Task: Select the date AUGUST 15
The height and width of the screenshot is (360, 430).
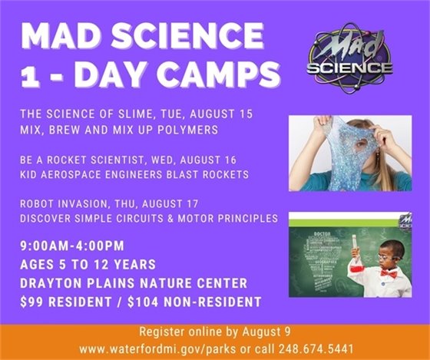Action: pos(230,114)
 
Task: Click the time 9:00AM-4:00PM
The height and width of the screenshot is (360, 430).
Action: pos(76,247)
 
